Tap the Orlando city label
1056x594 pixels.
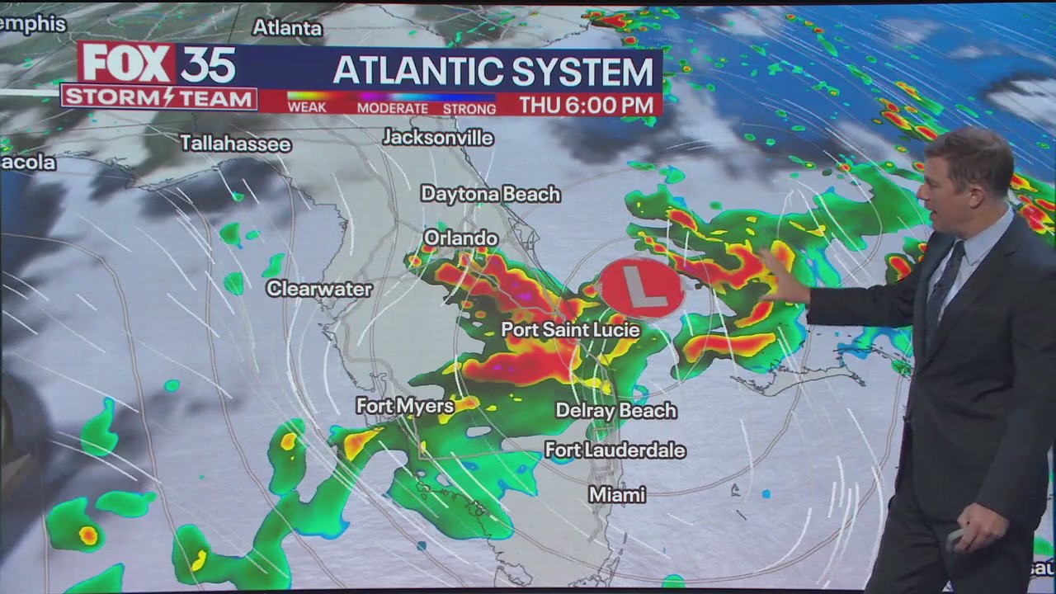461,238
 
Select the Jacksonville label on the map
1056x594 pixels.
438,138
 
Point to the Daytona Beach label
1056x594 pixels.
490,194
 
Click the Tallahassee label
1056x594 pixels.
236,144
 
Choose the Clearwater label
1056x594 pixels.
319,289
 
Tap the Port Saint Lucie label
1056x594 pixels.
571,330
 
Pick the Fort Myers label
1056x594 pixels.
405,406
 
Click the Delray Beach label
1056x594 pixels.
616,410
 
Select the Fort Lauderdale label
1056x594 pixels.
615,450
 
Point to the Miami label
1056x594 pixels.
617,495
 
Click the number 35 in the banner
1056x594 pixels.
208,64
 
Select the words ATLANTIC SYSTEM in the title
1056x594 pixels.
493,72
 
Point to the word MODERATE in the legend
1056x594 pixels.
393,108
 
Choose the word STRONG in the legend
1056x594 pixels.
469,108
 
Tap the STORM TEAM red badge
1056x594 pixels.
159,98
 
